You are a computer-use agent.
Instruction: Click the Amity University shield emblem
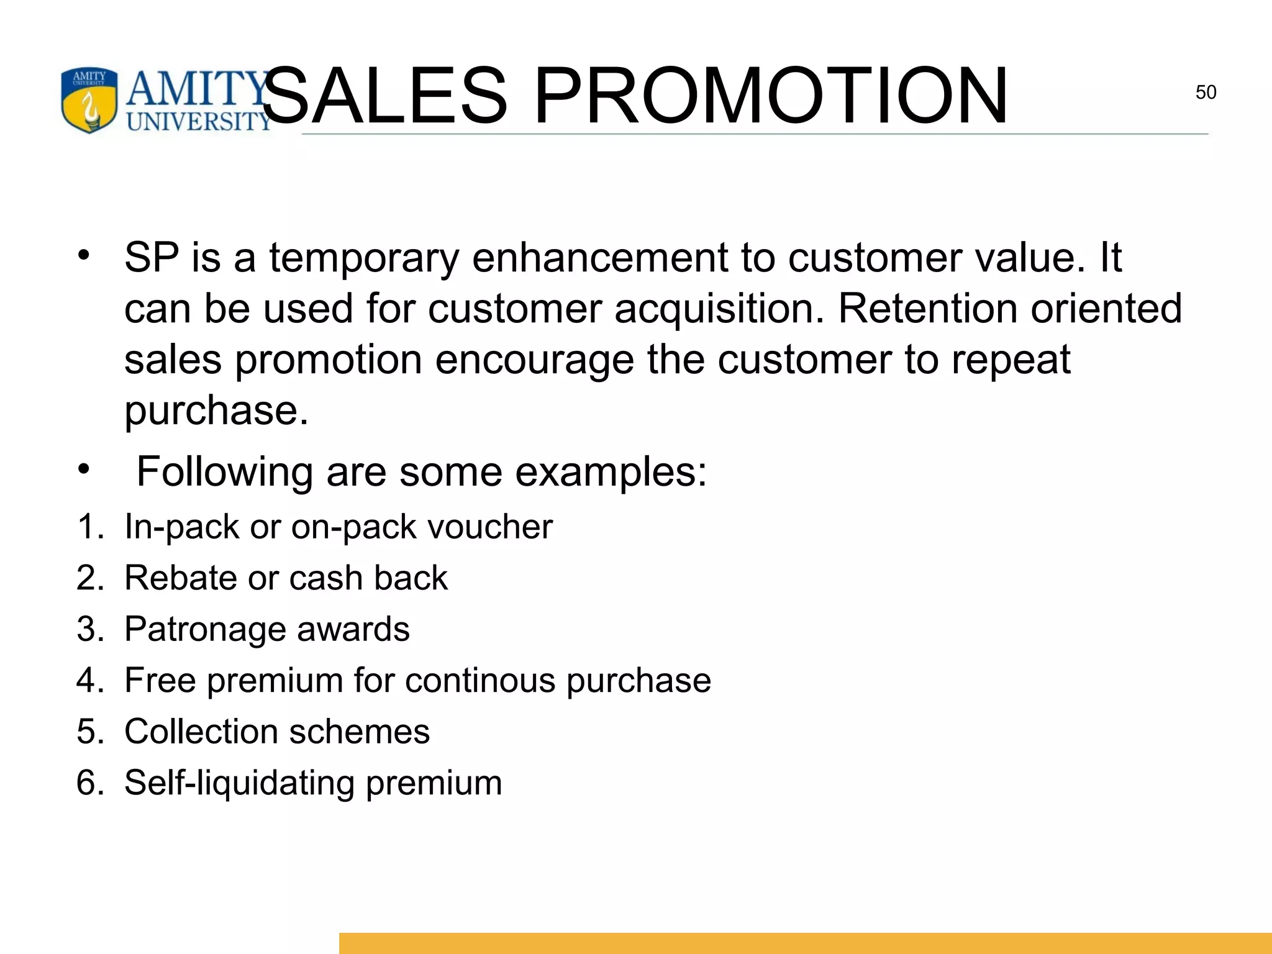(x=89, y=99)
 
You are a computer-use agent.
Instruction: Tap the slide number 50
(x=1206, y=93)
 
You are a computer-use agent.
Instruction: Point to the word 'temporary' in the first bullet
(x=364, y=258)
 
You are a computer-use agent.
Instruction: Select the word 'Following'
(x=224, y=472)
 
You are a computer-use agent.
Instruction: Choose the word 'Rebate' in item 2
(x=180, y=578)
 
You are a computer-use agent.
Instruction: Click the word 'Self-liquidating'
(x=239, y=783)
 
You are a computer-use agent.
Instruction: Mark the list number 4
(x=87, y=680)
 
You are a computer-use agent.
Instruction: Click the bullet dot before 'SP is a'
(x=84, y=255)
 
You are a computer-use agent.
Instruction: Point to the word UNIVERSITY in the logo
(x=199, y=120)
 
